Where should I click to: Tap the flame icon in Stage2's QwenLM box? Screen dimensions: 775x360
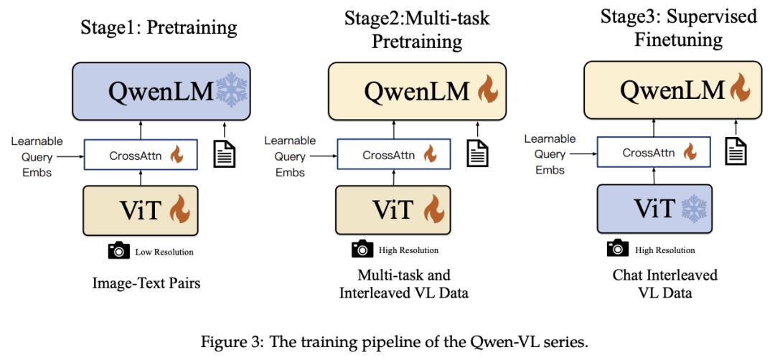[x=488, y=90]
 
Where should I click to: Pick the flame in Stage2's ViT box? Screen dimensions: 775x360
[x=433, y=209]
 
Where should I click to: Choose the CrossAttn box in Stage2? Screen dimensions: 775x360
[x=394, y=155]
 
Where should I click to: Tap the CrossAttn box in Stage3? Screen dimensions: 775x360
[x=654, y=153]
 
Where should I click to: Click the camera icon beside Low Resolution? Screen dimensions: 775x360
[x=118, y=251]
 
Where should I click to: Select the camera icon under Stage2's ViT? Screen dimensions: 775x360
[x=362, y=249]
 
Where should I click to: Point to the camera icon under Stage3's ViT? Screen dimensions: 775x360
[x=618, y=248]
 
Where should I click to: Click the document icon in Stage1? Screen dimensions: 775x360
[x=224, y=153]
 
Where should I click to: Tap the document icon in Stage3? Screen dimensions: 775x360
[x=736, y=151]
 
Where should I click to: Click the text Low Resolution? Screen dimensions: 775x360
[x=164, y=252]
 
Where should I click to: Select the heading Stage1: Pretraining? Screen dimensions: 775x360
[x=159, y=27]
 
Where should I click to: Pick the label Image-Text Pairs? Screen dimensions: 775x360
[x=146, y=283]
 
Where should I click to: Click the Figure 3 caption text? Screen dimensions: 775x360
[x=394, y=342]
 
